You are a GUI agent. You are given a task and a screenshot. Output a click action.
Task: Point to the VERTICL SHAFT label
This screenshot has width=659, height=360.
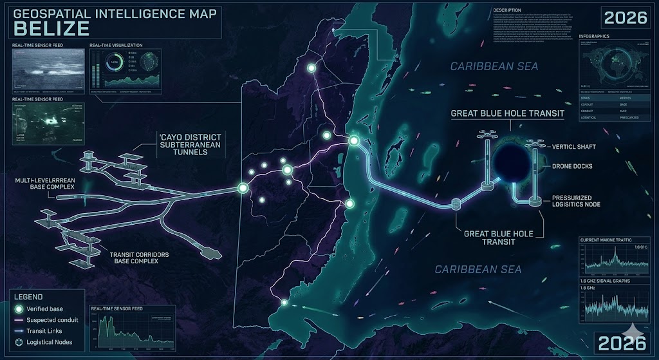pos(574,147)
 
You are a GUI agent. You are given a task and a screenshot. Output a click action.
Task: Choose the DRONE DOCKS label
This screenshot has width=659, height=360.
pos(572,166)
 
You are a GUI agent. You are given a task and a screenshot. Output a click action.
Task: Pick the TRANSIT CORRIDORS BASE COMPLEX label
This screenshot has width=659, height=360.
pos(139,260)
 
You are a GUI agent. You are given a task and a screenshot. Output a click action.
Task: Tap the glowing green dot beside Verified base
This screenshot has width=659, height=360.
pos(19,309)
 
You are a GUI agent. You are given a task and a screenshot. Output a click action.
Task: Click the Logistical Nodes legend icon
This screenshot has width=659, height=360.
pos(19,342)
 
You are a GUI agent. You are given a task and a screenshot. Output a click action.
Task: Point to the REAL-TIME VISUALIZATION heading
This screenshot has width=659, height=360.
pos(116,45)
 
